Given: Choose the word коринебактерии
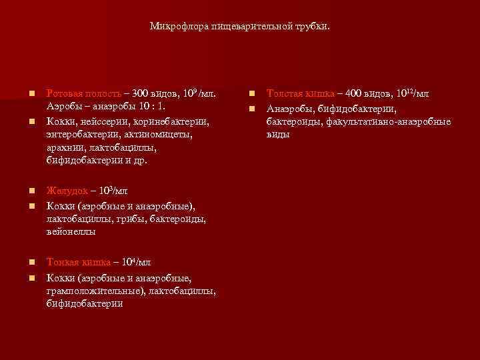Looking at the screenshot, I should point(174,121).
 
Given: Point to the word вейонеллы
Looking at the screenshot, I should point(71,232).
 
